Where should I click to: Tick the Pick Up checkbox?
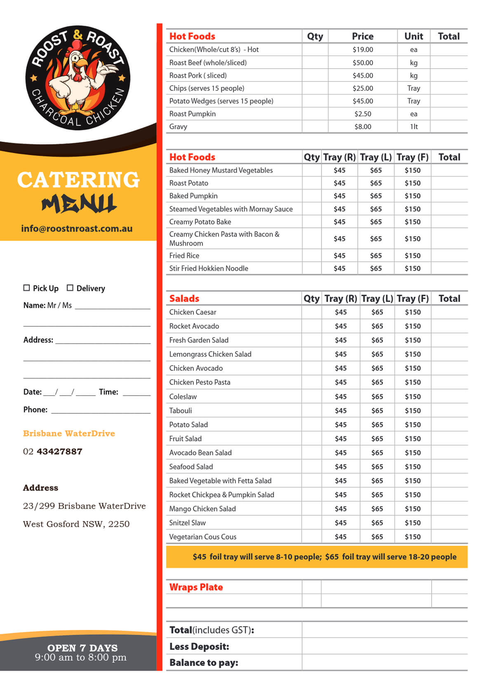coord(27,288)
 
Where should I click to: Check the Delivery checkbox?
coord(70,288)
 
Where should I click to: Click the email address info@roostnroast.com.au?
coord(77,228)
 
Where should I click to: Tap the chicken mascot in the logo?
coord(78,78)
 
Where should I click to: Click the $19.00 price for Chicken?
coord(362,49)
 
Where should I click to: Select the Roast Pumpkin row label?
coord(192,114)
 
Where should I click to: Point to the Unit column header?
coord(413,36)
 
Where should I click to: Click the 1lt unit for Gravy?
coord(413,127)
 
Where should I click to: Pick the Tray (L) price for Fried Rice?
coord(376,256)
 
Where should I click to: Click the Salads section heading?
coord(184,298)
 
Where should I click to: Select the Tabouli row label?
coord(181,410)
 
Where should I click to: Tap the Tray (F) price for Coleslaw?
coord(413,396)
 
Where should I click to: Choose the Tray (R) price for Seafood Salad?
coord(341,467)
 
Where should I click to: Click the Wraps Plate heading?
coord(196,587)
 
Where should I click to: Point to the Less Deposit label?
coord(199,646)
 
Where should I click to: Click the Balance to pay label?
coord(204,662)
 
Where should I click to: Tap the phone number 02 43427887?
coord(53,451)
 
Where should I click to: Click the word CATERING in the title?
coord(78,180)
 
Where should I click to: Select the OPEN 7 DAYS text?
coord(82,648)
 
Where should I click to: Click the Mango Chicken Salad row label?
coord(202,509)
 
